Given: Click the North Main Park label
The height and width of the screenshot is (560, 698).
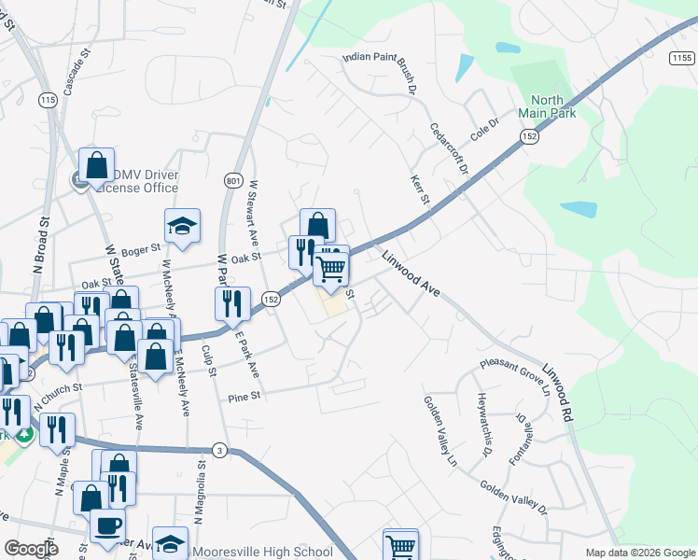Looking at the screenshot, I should tap(553, 106).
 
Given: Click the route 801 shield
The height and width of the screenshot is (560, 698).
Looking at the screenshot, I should tap(232, 179).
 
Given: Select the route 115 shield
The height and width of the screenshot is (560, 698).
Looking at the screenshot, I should tap(49, 99).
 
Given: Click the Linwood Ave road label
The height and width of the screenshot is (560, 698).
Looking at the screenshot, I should tap(410, 273).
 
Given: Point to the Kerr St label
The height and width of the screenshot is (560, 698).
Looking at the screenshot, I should tap(419, 189).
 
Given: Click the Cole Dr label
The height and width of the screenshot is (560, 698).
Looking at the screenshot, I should tap(485, 128).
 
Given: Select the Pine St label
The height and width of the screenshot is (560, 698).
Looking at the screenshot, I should tap(241, 399).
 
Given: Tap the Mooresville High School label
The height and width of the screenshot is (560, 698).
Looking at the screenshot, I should tap(261, 552).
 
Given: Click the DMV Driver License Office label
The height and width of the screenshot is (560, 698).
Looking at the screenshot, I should tap(136, 181).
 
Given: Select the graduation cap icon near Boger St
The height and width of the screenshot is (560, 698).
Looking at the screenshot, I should tap(182, 225).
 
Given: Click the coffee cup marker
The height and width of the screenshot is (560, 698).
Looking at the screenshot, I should tap(107, 525).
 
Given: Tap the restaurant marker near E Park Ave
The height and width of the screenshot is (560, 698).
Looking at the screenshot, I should tap(232, 302).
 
